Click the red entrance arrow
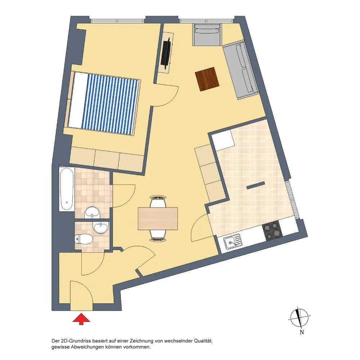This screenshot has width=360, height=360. tap(81, 319)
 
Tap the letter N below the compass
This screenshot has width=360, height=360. tap(302, 332)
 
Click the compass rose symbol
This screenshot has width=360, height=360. tap(299, 318)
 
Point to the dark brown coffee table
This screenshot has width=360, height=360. tap(207, 79)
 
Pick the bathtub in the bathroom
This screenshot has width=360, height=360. tap(67, 189)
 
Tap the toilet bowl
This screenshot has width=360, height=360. tap(84, 239)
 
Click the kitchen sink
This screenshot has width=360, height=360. tap(232, 242)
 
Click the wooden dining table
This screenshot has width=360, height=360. tap(158, 219)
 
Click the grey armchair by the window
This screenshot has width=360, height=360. tap(207, 35)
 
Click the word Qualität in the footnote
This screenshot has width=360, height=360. tap(203, 341)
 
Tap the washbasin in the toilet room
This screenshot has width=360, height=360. tap(100, 228)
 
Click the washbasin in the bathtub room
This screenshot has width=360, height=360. tap(92, 213)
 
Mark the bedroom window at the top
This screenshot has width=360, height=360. tap(118, 21)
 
